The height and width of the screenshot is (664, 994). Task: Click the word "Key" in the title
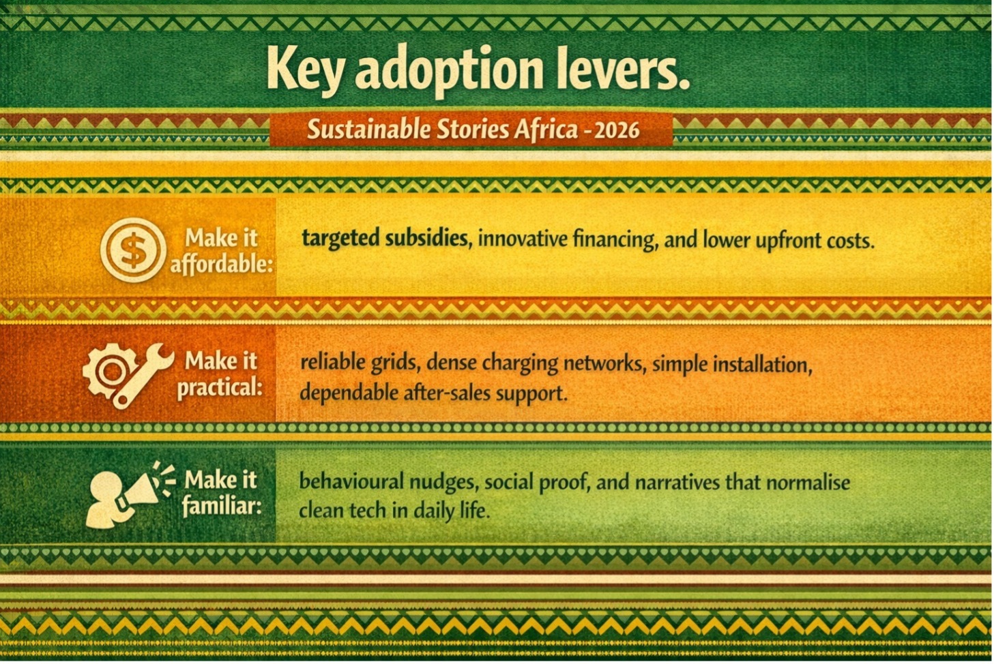pos(304,70)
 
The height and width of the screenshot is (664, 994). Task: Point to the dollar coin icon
pos(133,250)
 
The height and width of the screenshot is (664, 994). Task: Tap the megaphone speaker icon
pos(129,496)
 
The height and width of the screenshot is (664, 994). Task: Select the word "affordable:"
pos(222,265)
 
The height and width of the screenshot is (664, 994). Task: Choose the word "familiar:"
pos(222,506)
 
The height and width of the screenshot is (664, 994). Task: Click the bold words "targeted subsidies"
pos(385,239)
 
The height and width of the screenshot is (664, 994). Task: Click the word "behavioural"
pos(352,481)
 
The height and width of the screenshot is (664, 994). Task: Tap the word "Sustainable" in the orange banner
pos(369,130)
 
